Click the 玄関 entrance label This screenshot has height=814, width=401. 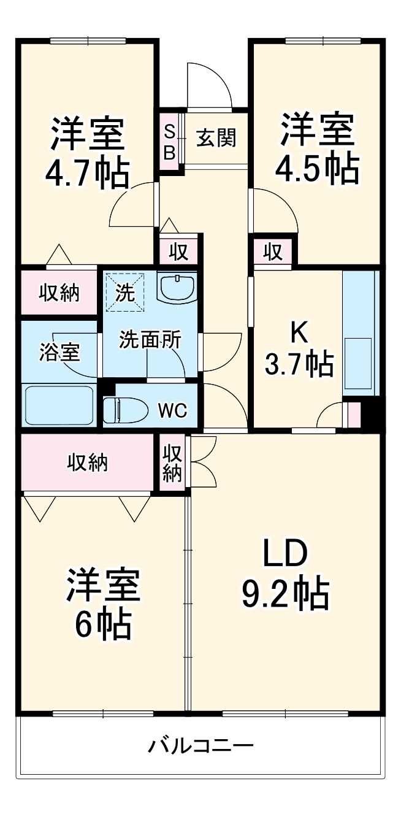216,138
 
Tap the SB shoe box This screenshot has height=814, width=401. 170,140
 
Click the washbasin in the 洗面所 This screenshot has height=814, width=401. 177,286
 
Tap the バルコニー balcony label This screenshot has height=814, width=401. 200,747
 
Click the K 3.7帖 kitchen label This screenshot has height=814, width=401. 299,350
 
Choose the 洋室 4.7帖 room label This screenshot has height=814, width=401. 87,152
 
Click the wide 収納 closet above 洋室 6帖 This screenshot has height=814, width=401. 87,462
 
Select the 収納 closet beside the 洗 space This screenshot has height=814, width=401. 59,293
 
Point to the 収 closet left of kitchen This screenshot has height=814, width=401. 273,251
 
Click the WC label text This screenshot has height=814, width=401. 172,411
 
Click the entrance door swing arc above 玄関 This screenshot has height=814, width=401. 212,86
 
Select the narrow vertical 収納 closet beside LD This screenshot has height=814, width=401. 172,462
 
